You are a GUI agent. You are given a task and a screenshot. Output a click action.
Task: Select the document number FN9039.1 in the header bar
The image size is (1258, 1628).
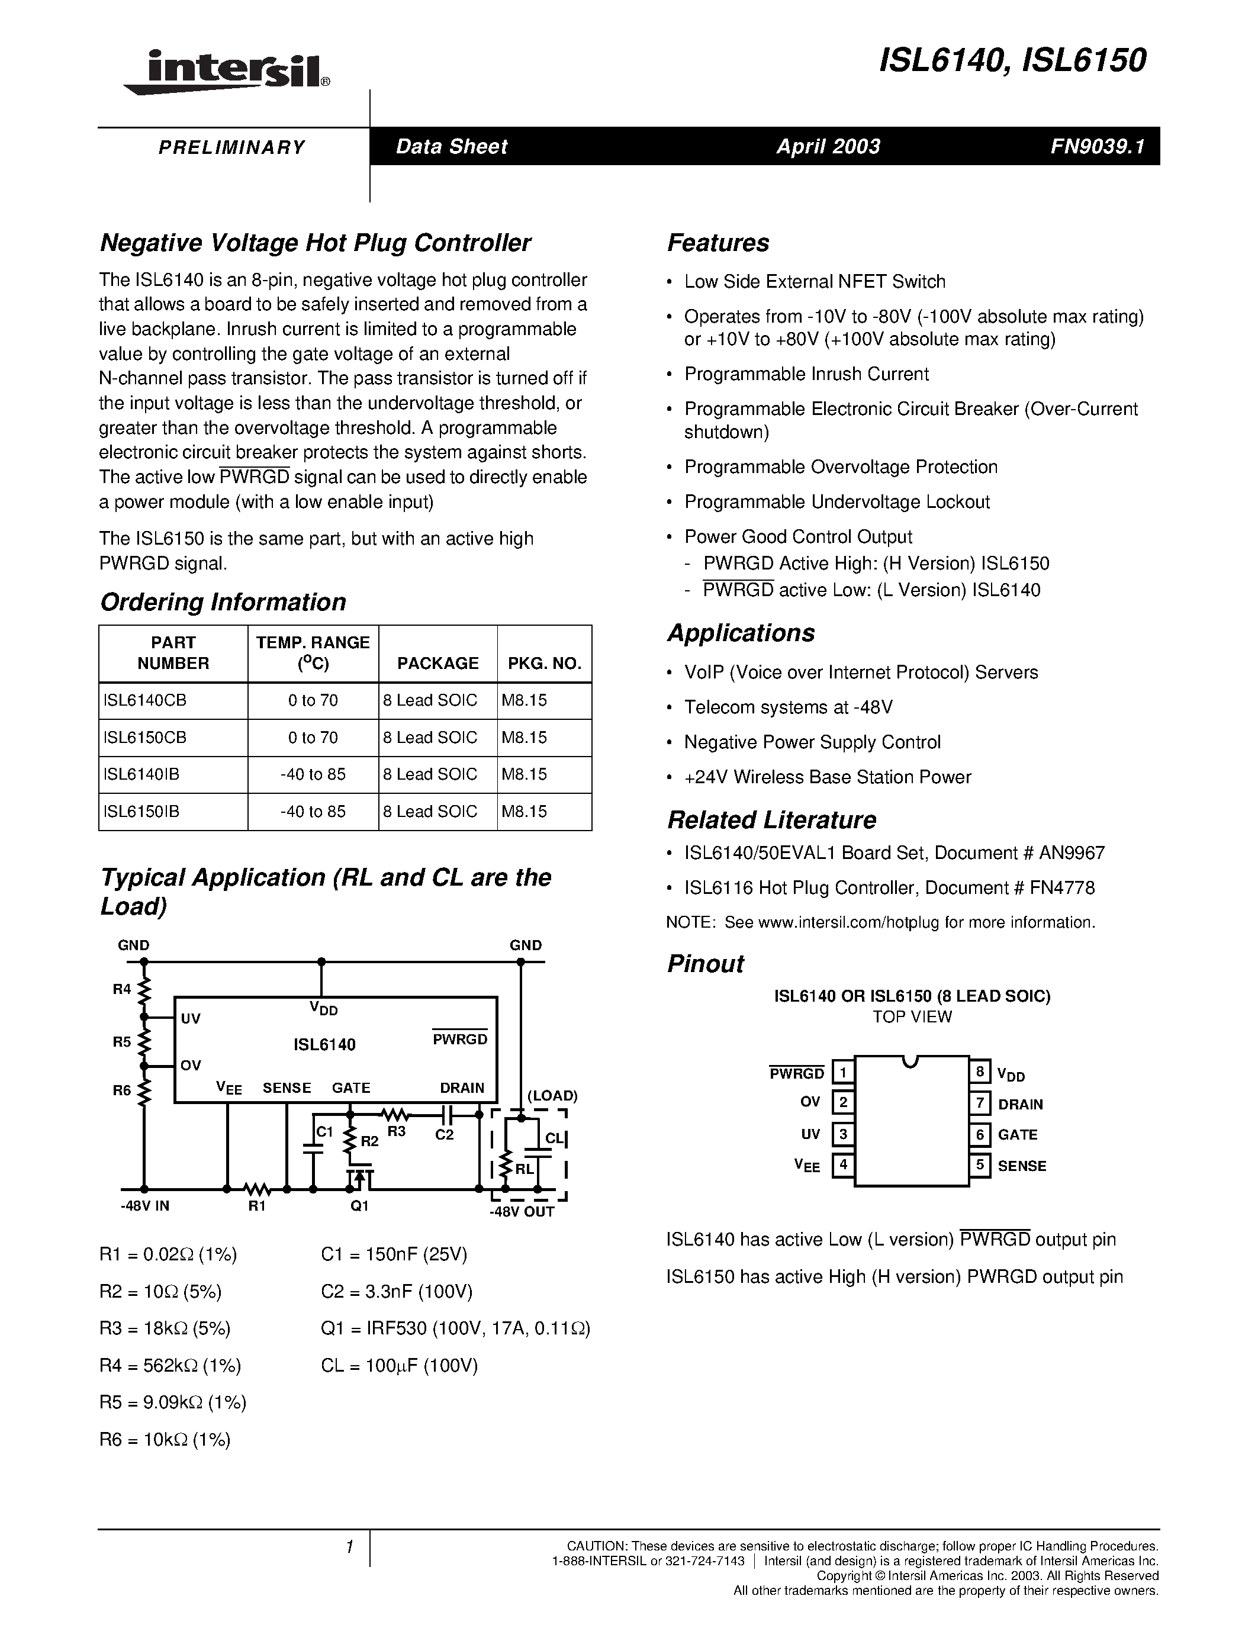pos(1096,146)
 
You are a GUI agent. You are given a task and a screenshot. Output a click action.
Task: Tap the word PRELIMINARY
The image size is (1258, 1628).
pos(232,147)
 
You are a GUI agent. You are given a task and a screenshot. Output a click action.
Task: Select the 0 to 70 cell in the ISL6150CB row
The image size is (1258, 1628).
pos(313,737)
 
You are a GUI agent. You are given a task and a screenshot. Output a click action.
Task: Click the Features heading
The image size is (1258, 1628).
pos(718,242)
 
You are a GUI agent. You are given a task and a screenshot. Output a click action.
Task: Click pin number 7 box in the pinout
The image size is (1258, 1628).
pos(980,1102)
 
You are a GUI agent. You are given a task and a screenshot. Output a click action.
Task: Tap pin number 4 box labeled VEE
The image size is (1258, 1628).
pos(843,1164)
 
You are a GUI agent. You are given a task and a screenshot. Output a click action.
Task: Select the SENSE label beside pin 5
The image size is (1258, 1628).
pos(1022,1166)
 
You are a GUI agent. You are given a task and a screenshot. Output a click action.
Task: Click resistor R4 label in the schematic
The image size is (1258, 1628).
pos(121,989)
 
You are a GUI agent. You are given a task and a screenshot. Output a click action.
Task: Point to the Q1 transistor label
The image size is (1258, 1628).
pos(359,1206)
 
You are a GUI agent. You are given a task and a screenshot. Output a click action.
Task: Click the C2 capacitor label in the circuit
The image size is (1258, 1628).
pos(444,1135)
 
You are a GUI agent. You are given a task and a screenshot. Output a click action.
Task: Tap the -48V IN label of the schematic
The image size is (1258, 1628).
pos(144,1206)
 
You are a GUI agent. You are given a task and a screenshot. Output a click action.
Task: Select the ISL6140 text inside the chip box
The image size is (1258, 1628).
pos(324,1044)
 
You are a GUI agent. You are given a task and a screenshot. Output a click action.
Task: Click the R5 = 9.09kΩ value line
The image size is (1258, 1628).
pos(172,1402)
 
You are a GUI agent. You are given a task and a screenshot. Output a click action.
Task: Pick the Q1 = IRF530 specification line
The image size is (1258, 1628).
pos(455,1328)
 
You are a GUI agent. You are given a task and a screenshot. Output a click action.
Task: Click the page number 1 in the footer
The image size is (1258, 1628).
pos(349,1547)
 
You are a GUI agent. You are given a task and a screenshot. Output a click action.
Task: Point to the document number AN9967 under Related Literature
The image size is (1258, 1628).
pos(1067,852)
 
